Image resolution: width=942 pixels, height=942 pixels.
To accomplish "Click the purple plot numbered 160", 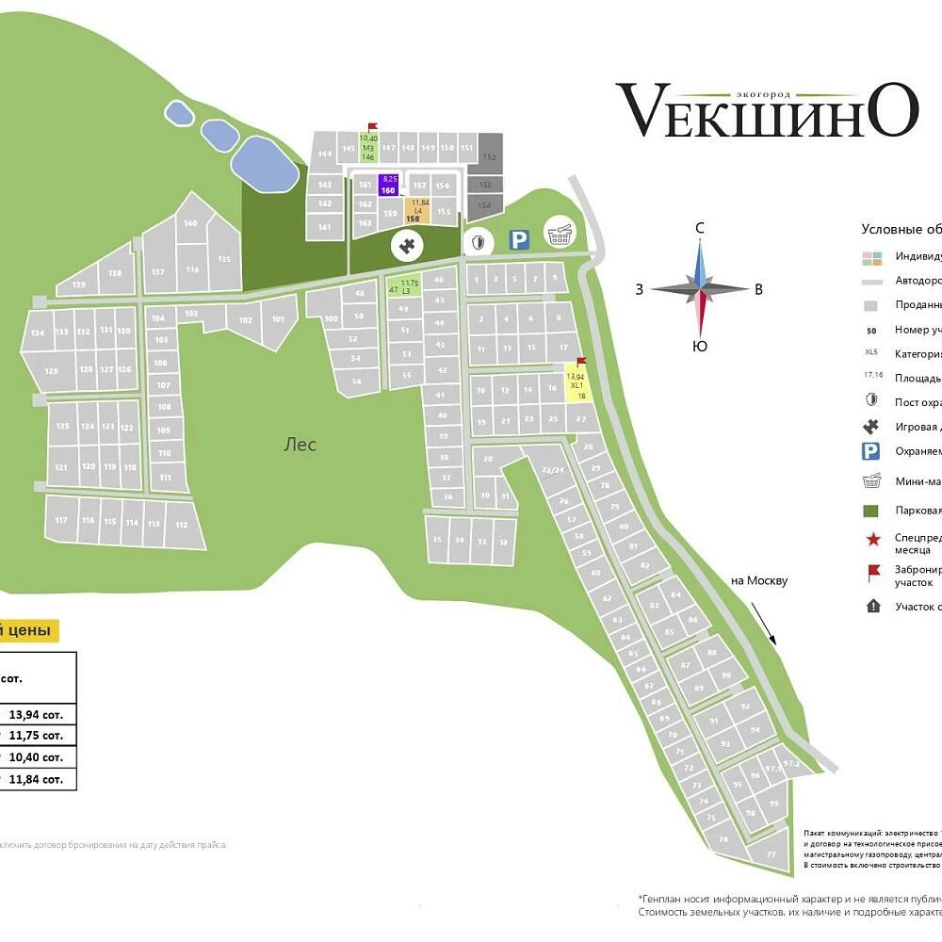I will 388,185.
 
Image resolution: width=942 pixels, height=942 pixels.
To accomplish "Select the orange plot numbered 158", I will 416,210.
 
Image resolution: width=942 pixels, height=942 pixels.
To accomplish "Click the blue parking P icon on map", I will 519,241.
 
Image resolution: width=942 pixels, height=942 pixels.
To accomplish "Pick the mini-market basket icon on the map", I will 560,235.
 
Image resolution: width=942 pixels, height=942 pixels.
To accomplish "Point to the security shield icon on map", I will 479,242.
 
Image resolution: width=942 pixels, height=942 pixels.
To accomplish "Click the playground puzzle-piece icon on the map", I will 407,247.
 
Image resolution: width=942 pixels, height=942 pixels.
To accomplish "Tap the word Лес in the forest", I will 300,446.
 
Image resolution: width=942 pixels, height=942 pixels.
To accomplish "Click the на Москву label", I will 758,580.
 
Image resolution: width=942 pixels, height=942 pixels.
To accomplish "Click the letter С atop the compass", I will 699,228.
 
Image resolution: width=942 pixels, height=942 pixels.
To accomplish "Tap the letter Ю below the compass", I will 699,346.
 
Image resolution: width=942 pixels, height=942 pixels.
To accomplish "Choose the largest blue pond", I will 265,164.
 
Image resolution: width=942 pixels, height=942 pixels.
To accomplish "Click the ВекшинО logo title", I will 767,109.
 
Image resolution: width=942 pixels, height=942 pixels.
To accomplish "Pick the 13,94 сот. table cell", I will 36,714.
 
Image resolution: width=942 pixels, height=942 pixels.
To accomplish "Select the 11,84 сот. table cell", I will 36,778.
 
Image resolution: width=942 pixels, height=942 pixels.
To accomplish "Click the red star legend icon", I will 872,539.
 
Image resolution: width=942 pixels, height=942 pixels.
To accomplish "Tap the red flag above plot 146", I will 372,126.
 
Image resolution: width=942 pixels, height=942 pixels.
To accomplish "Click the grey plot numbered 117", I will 61,520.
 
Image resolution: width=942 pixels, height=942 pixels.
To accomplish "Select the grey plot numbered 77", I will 770,853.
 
